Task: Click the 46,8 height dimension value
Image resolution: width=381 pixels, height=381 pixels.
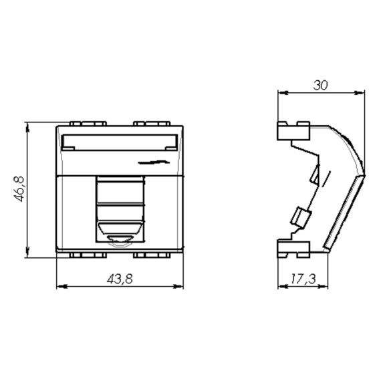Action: pos(19,188)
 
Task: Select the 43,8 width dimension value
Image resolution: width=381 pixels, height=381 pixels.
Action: pos(120,279)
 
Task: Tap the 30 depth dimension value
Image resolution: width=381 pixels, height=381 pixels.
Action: pos(320,85)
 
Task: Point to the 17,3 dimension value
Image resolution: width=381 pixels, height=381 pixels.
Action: pos(303,279)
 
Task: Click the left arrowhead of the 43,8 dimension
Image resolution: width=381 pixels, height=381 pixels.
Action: pos(61,287)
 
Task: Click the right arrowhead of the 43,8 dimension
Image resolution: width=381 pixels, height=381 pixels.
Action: pos(178,287)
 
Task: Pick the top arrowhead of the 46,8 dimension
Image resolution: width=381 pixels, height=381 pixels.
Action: pos(27,128)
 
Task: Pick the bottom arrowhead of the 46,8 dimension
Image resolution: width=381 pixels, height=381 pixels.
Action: pos(27,253)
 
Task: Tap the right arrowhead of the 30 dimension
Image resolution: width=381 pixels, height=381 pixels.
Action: pos(360,93)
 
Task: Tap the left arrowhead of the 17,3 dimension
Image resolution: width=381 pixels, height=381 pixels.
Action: pos(283,287)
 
